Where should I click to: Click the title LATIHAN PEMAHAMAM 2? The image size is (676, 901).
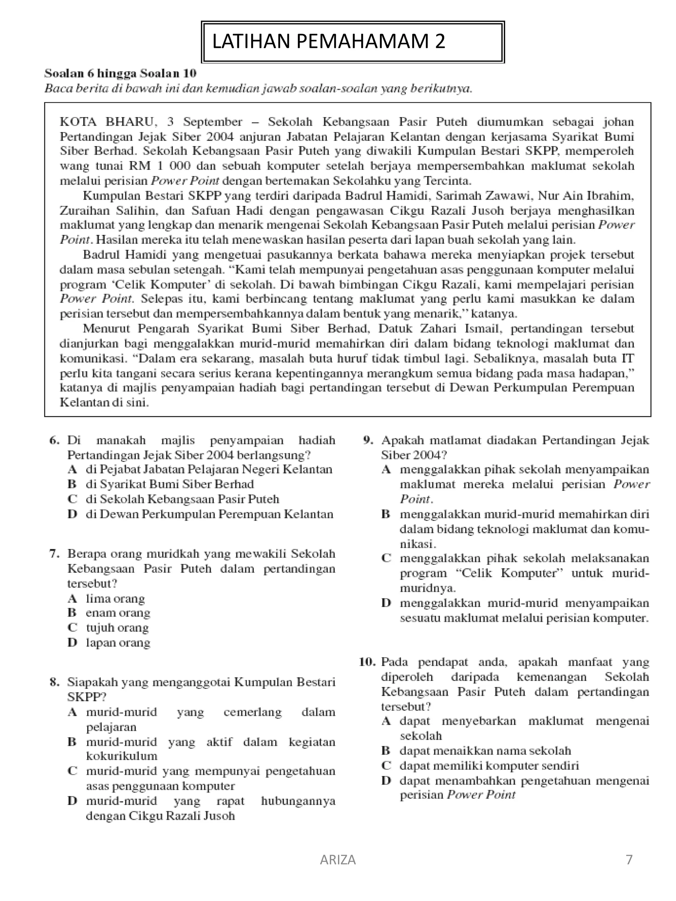click(328, 42)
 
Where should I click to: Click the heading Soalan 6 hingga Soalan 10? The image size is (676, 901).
click(120, 73)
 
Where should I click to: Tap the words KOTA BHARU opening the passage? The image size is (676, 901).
click(107, 122)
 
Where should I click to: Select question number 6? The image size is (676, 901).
click(54, 440)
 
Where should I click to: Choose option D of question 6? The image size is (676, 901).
click(73, 514)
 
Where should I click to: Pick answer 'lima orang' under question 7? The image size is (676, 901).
click(115, 598)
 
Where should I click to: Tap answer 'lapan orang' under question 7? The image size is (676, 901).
click(118, 643)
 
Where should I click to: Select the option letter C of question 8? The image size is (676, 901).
click(73, 771)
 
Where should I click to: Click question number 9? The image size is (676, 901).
click(368, 440)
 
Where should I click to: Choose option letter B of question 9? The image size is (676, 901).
click(386, 514)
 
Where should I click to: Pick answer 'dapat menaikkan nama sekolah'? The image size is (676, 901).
click(485, 751)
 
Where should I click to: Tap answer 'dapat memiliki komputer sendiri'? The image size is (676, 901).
click(489, 766)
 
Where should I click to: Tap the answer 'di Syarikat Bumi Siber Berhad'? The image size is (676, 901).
click(170, 484)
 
